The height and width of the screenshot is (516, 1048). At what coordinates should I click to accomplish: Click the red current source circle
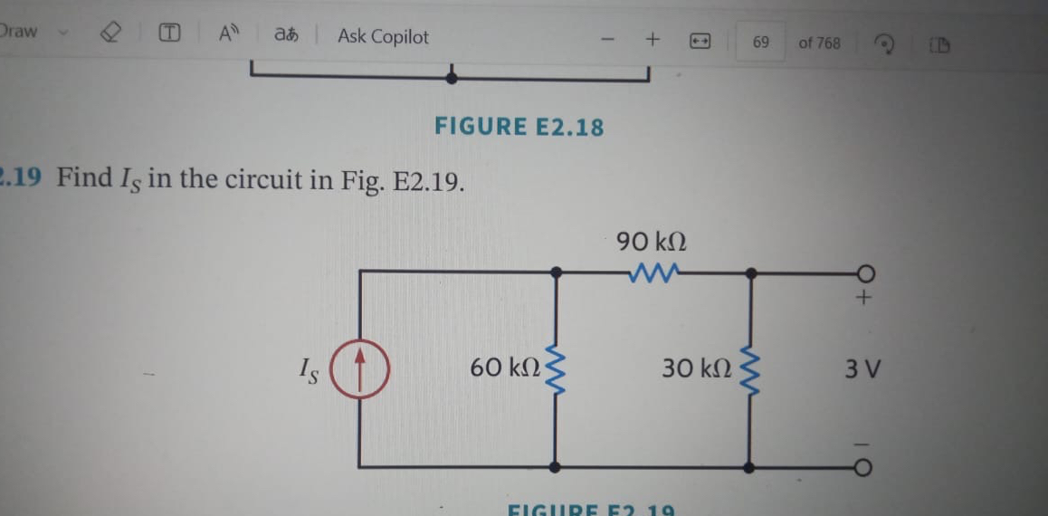pos(358,371)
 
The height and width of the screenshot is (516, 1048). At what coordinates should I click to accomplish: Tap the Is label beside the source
pos(310,371)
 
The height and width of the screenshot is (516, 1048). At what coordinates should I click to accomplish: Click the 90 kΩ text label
pos(652,242)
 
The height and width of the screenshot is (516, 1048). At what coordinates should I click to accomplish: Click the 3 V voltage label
pos(863,369)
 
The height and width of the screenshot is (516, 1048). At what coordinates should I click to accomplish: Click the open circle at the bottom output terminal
pos(864,467)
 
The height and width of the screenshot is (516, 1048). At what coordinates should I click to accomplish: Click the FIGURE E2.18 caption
pos(519,127)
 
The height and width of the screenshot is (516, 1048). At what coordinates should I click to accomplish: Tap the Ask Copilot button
pos(383,37)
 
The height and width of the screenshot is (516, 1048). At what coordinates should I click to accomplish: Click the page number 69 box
pos(760,43)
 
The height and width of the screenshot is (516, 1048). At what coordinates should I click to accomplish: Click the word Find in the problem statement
pos(84,178)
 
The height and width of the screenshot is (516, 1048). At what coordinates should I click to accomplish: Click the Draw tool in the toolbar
pos(19,32)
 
